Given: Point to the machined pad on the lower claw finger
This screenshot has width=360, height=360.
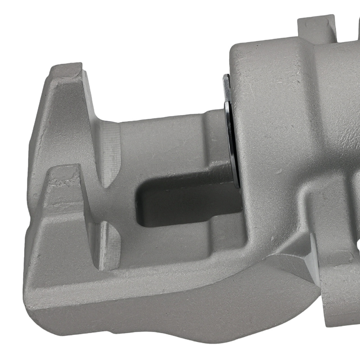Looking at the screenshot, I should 108,245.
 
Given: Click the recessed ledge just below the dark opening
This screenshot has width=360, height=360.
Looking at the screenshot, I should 187,236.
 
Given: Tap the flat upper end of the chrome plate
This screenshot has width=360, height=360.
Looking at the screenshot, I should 226,81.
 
